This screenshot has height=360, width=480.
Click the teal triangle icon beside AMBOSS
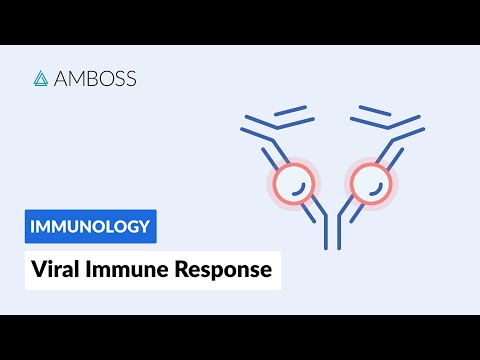click(42, 78)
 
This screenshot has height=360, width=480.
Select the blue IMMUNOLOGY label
click(91, 226)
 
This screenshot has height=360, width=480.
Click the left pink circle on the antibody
click(293, 183)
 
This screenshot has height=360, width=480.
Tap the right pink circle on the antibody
click(371, 183)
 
